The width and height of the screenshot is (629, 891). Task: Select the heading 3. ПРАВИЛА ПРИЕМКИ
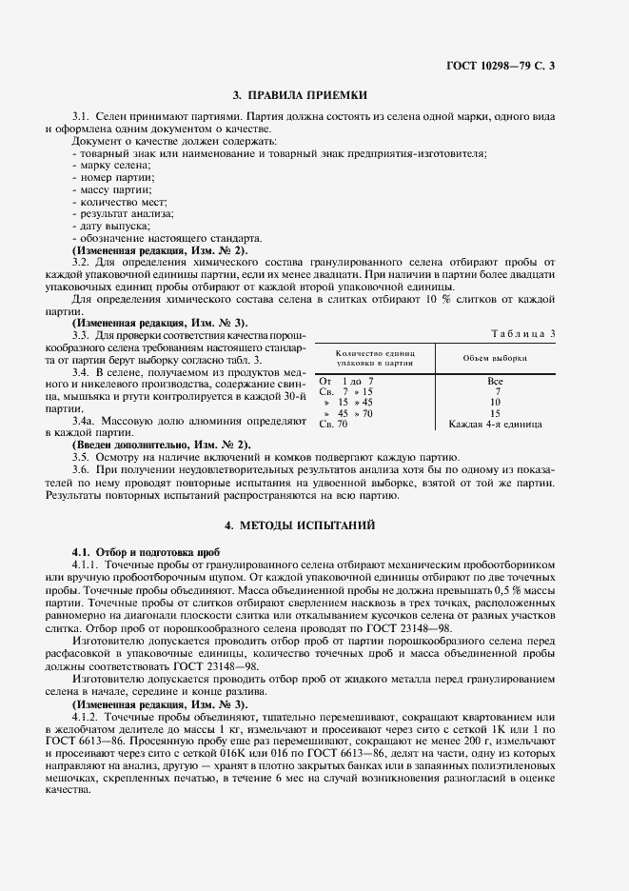pyautogui.click(x=314, y=95)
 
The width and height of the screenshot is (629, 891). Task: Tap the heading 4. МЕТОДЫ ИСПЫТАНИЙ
pyautogui.click(x=314, y=525)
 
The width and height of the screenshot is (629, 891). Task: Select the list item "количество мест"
pyautogui.click(x=120, y=202)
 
